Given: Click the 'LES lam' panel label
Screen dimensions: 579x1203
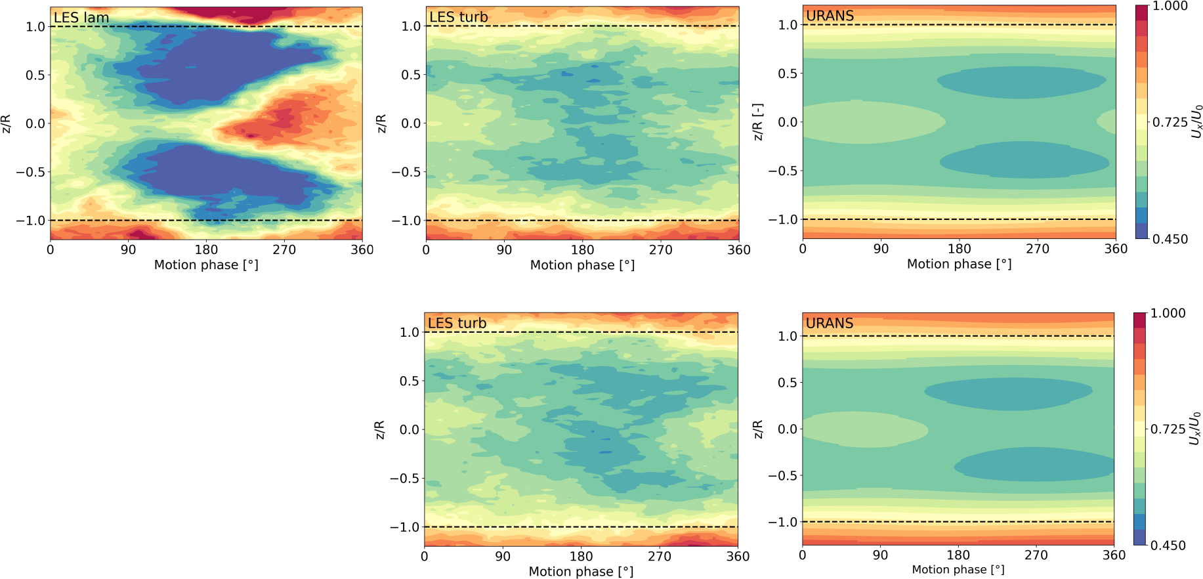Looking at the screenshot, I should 81,18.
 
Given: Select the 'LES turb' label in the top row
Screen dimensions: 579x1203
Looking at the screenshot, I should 459,17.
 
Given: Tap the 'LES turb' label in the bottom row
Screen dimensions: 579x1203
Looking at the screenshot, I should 457,323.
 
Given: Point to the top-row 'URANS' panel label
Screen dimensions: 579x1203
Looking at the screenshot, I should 830,16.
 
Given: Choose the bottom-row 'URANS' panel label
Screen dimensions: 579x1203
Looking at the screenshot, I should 830,323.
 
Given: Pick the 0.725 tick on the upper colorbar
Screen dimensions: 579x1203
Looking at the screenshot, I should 1170,123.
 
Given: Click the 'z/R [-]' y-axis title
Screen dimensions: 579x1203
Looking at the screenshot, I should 758,121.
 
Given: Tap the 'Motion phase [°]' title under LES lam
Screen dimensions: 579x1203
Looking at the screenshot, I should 206,265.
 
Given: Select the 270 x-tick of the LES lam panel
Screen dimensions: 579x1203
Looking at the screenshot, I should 284,250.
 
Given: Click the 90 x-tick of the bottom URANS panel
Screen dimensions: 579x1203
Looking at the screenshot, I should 880,555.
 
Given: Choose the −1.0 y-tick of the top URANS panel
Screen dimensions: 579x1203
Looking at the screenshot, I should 782,219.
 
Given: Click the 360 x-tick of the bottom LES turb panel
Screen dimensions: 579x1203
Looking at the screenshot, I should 738,557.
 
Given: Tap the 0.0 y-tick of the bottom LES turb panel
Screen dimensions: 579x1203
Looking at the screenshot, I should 409,430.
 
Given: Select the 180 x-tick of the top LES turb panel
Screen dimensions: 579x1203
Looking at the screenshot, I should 582,250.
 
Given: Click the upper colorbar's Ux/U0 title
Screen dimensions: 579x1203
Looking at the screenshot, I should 1197,121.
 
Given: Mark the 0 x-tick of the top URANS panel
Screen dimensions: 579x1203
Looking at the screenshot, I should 803,249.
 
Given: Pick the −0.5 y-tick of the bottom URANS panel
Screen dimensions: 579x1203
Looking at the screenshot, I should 782,475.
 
